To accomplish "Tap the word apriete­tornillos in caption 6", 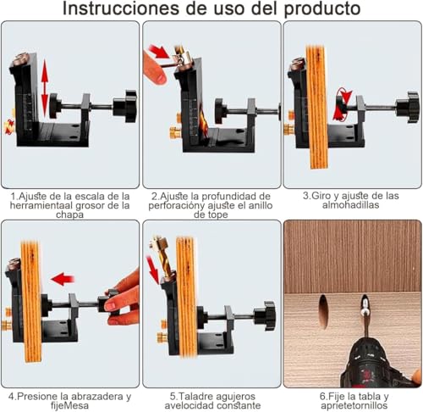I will tap(353, 406).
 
